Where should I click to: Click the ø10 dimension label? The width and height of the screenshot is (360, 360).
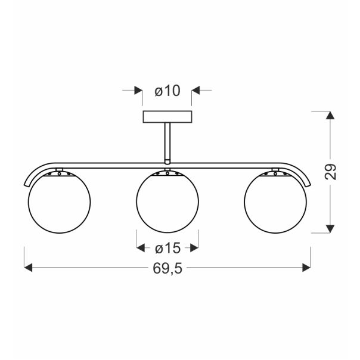(x=167, y=91)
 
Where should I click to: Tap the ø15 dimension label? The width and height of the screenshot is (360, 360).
(x=167, y=248)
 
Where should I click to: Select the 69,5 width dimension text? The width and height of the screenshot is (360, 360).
(x=167, y=268)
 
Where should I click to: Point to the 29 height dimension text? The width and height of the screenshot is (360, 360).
(x=332, y=172)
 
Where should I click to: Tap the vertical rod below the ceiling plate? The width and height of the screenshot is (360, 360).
(x=167, y=141)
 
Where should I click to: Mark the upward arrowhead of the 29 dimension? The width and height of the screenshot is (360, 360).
(x=329, y=116)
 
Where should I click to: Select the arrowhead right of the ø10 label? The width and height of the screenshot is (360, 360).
(x=196, y=91)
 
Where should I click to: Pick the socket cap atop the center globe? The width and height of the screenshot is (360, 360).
(x=167, y=173)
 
